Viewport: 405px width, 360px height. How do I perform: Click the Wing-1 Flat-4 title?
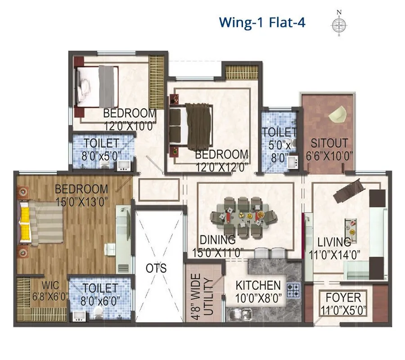262,22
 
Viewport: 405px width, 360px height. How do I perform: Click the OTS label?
156,269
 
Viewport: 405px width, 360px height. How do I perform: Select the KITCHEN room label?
258,285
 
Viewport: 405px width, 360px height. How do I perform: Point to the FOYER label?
343,297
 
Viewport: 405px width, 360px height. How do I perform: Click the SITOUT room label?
330,143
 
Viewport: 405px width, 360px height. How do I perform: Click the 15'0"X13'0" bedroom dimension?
81,201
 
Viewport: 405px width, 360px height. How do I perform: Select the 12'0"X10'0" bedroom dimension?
130,126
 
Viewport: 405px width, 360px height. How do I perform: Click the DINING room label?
218,240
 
